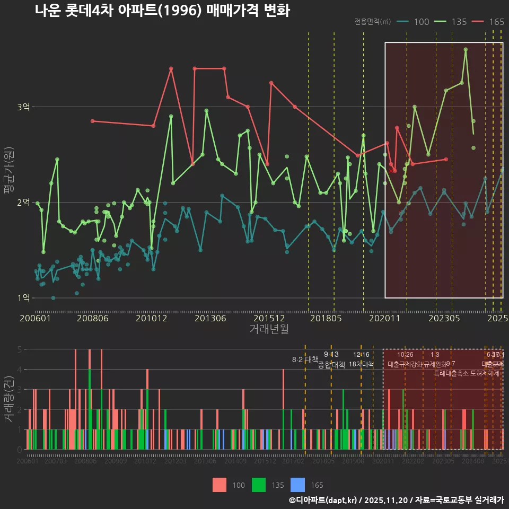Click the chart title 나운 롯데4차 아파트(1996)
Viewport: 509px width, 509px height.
[x=162, y=11]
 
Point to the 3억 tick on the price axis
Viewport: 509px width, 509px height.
[x=23, y=107]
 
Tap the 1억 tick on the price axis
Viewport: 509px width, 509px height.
[x=23, y=298]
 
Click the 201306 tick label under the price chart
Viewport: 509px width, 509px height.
[x=210, y=318]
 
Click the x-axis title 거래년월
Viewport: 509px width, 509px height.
[x=269, y=329]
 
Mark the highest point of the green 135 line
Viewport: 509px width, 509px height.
[x=466, y=49]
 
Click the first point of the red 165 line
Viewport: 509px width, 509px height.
[x=92, y=121]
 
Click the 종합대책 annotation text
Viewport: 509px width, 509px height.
[x=331, y=365]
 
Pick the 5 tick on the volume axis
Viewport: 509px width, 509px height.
[x=19, y=349]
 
